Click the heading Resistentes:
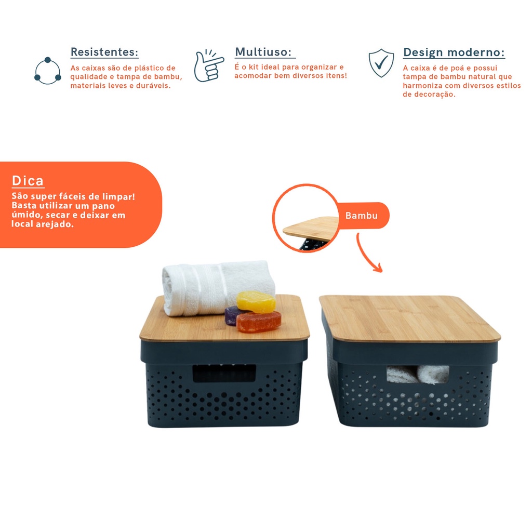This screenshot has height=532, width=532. (104, 52)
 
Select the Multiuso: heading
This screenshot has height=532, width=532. (263, 52)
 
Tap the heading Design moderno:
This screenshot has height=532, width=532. (454, 52)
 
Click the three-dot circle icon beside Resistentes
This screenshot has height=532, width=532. (47, 71)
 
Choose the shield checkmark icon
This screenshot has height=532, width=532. (381, 63)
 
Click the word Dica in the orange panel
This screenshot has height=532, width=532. (28, 180)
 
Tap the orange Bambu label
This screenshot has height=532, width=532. (362, 216)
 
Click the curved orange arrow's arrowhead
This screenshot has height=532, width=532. (378, 268)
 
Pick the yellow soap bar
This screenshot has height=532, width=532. (256, 302)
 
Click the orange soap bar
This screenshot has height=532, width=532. (259, 322)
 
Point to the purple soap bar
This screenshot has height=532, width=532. (233, 315)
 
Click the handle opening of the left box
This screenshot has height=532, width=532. (224, 373)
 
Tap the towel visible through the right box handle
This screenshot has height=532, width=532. (418, 375)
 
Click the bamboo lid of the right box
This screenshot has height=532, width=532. (409, 318)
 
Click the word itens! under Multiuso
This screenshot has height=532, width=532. (337, 75)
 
